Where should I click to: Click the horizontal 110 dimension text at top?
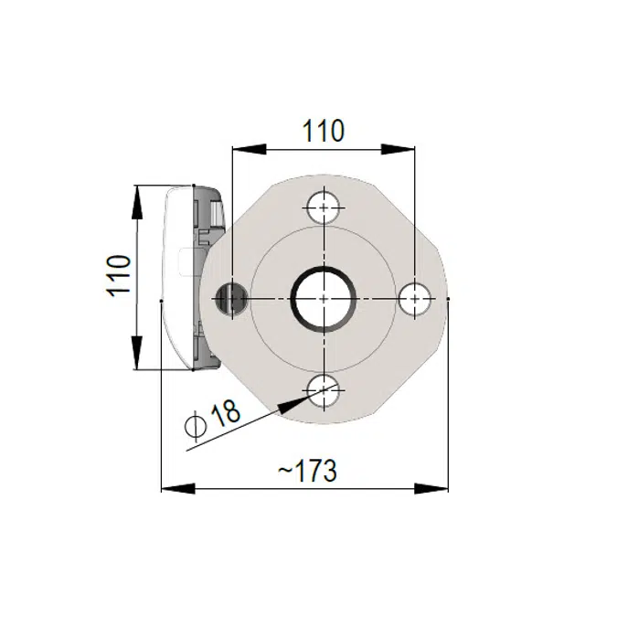click(x=324, y=131)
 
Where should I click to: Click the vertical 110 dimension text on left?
click(x=120, y=275)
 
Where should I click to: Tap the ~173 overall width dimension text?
click(x=307, y=471)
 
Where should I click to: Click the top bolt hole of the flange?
click(x=324, y=207)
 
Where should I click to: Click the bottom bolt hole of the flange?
click(x=324, y=393)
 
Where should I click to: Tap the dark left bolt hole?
click(x=230, y=298)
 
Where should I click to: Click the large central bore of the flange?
click(x=323, y=298)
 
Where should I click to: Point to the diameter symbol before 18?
click(x=195, y=426)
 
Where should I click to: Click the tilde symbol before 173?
click(x=284, y=473)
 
